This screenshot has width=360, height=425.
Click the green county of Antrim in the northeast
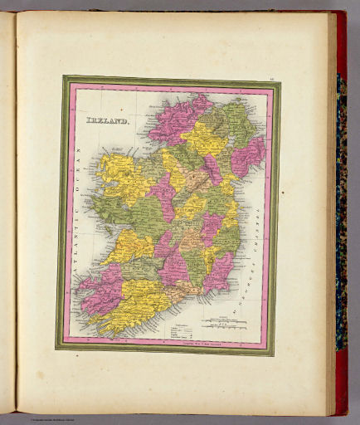(241, 120)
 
